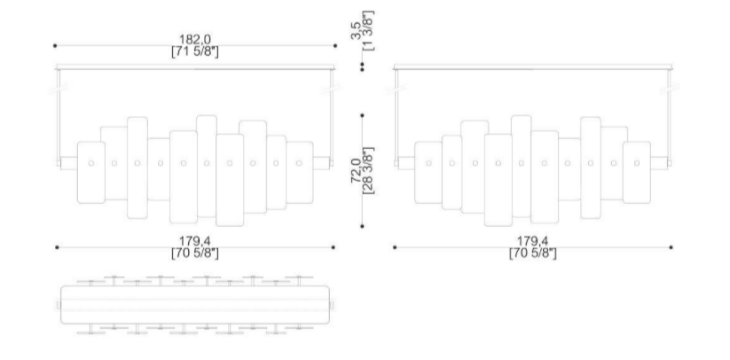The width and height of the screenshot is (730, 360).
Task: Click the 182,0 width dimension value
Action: coord(195,39)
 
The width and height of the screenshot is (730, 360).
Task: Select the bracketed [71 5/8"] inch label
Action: coord(195,51)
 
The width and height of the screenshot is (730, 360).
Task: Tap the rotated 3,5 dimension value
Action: coord(356,31)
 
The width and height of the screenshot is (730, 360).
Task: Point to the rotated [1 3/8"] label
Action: coord(368,31)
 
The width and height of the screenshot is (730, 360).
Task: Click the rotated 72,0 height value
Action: coord(356,171)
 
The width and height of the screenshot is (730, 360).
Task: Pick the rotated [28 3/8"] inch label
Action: coord(368,171)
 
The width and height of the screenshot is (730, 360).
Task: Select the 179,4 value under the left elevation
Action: coord(195,241)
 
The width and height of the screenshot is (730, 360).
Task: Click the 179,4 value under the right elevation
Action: coord(532,241)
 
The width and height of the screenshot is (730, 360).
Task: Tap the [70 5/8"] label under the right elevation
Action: coord(532,254)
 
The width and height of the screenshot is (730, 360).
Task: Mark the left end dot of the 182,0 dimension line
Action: coord(55,45)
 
